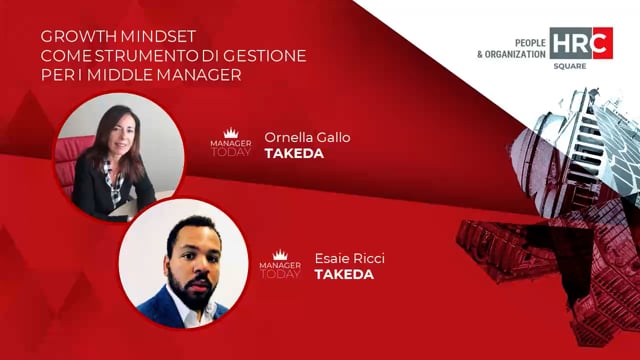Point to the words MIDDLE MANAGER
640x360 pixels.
click(187, 75)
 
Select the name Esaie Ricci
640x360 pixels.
click(349, 258)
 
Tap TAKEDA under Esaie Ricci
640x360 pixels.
click(343, 274)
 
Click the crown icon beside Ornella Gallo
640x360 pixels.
click(231, 131)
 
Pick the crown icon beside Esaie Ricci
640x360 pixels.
click(280, 255)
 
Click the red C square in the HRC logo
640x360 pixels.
click(602, 42)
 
